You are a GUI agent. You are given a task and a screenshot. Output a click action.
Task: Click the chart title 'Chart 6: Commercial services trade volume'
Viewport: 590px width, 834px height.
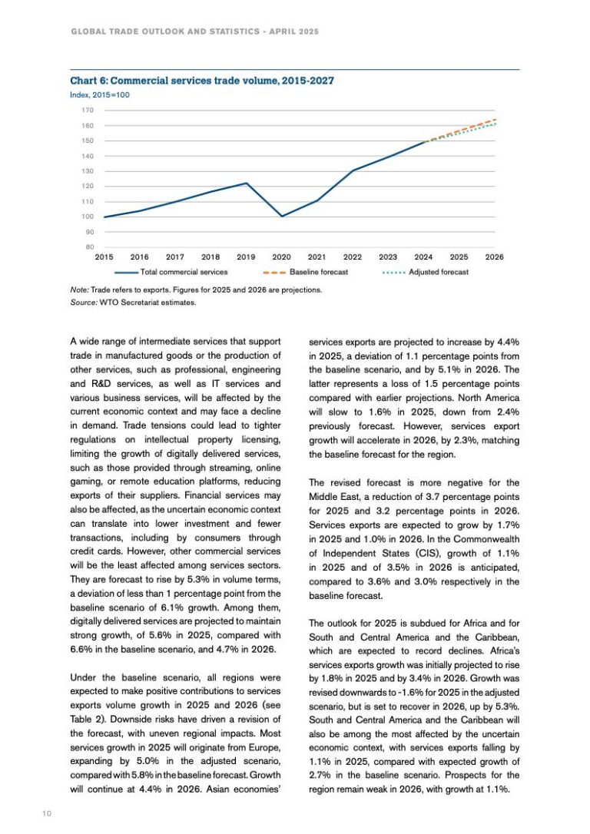coord(201,80)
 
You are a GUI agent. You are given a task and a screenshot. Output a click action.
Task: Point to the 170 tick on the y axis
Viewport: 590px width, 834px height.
coord(76,111)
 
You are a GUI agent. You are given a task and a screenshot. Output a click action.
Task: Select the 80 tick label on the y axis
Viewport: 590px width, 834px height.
coord(78,247)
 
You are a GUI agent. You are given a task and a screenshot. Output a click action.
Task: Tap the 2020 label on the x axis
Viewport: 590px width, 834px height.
coord(281,256)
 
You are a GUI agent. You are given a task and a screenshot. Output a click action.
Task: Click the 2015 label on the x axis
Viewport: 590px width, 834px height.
coord(104,256)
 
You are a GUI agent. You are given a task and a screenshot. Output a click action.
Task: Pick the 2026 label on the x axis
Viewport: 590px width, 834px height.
coord(495,256)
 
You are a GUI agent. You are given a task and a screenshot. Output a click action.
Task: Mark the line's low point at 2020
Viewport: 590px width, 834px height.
coord(281,217)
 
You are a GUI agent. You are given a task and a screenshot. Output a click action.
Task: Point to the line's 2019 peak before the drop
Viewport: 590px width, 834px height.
coord(246,183)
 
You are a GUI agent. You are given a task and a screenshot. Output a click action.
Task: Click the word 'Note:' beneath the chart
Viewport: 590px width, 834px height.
coord(79,290)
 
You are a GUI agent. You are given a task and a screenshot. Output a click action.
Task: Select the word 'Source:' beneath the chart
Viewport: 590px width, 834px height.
coord(83,302)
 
